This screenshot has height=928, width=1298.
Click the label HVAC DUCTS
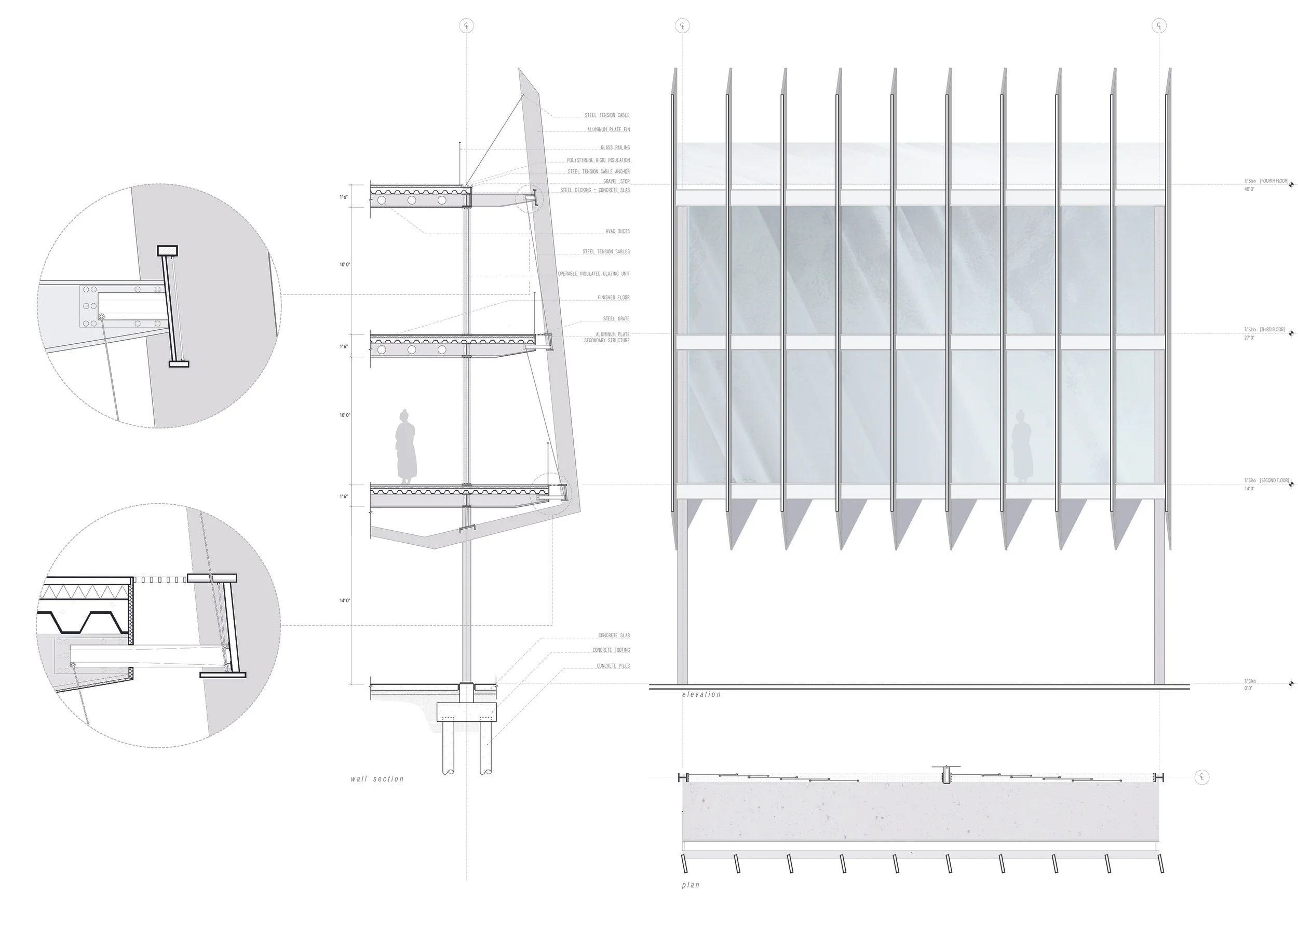coord(617,232)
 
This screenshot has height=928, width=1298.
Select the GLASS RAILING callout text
coord(615,147)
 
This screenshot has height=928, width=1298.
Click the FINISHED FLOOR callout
coord(613,298)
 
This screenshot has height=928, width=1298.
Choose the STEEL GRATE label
coord(616,319)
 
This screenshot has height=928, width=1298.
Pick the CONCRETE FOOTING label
coord(611,650)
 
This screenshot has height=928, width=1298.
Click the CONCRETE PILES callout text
coord(613,666)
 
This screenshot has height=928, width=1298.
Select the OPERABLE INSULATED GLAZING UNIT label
coord(593,274)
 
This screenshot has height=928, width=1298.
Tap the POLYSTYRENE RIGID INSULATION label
coord(598,160)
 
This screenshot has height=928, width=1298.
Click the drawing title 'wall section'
coord(377,779)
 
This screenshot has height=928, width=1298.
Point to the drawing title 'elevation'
coord(701,694)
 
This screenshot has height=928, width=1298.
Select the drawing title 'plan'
coord(690,885)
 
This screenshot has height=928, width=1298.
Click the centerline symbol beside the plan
coord(1202,777)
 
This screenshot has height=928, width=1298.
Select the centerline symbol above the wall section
coord(467,26)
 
